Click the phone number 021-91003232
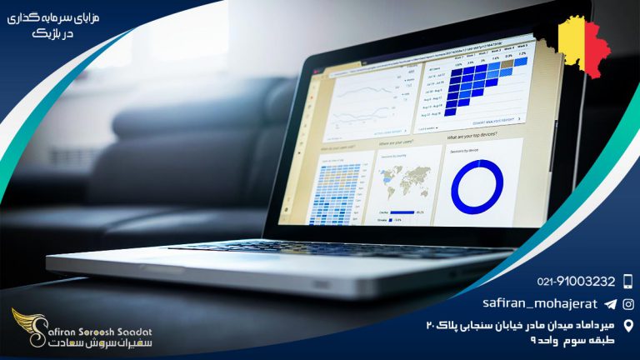577,282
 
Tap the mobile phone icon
627,282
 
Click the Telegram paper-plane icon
610,304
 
